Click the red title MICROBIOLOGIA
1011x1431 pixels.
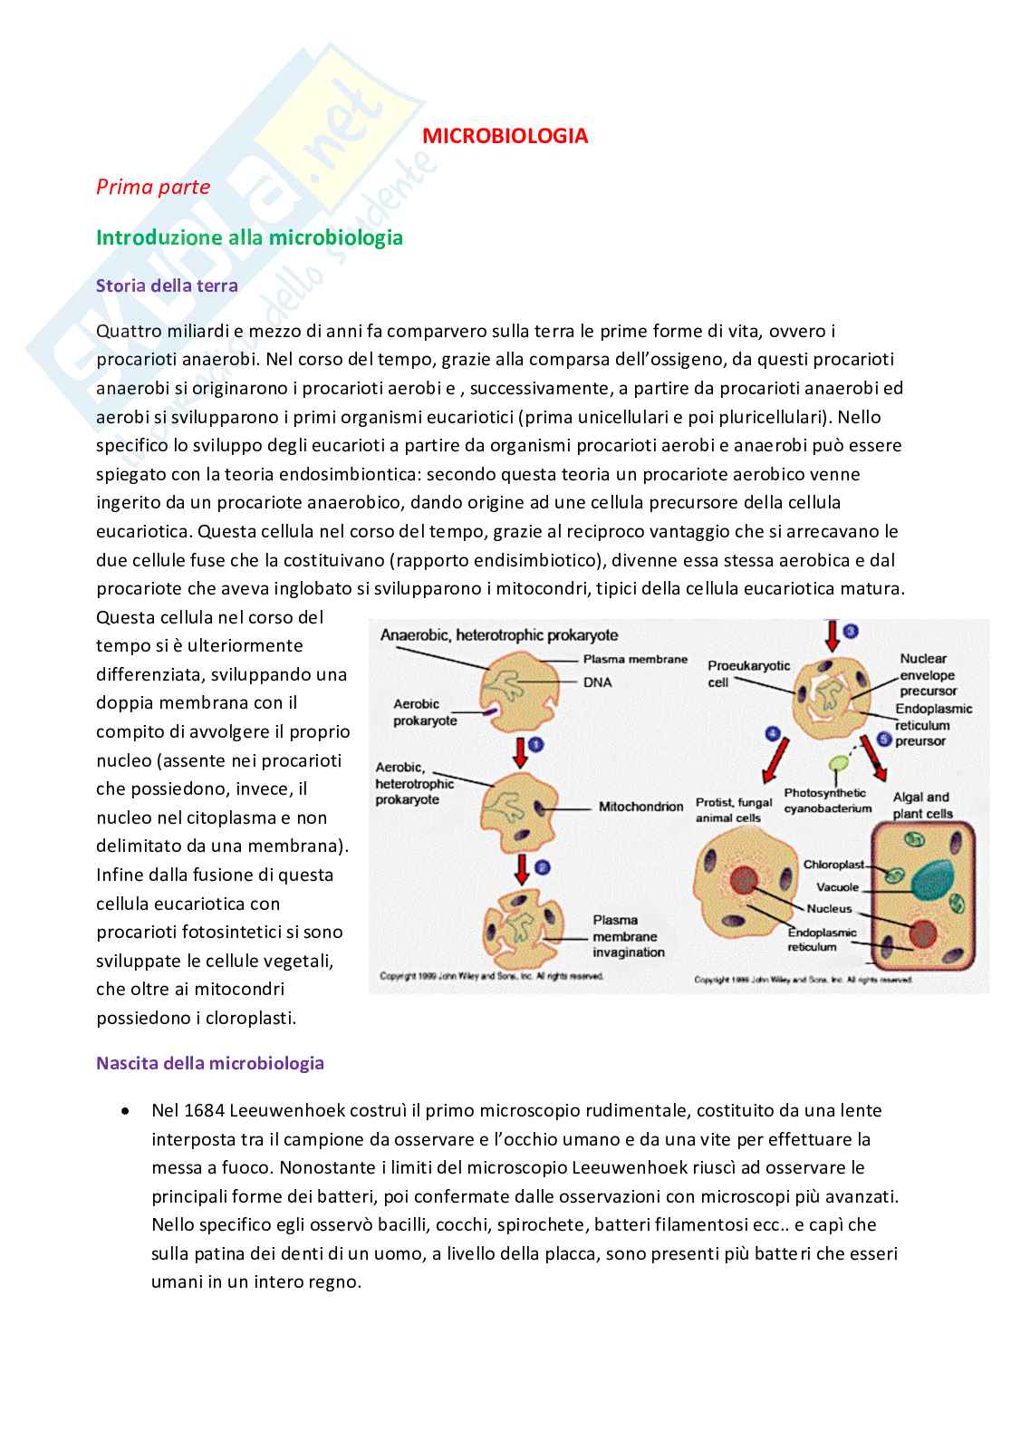click(506, 136)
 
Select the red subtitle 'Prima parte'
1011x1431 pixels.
click(153, 187)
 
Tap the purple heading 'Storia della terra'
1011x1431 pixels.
click(167, 285)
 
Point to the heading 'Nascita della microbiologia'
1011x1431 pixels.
click(210, 1063)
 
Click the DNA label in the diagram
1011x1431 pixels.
click(599, 682)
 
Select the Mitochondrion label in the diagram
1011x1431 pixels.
click(640, 806)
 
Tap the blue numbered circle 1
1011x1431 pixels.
click(535, 744)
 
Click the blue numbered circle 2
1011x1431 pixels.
click(542, 867)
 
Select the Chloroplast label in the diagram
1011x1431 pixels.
click(833, 864)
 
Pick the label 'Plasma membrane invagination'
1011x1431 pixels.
click(629, 936)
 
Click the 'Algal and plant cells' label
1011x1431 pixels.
click(921, 805)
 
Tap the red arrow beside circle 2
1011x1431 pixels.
click(520, 868)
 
